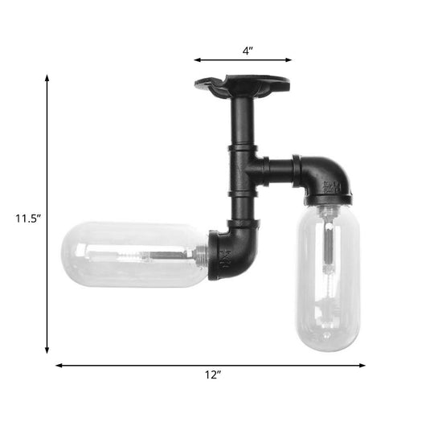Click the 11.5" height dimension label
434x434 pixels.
[x=23, y=217]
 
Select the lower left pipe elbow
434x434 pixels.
[x=234, y=253]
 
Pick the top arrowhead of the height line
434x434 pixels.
[x=47, y=77]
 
